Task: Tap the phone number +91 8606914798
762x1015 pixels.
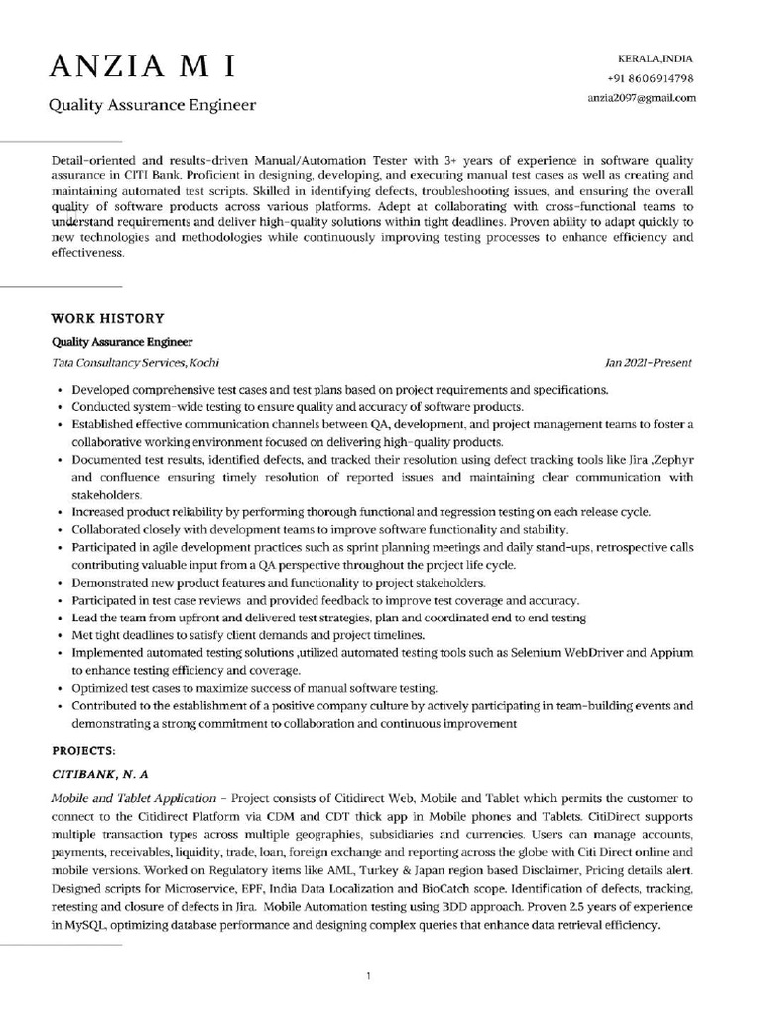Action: [x=650, y=78]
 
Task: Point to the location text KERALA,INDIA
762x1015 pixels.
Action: [x=656, y=59]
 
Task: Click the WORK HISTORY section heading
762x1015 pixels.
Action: [x=107, y=318]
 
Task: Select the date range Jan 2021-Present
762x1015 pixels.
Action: [x=648, y=363]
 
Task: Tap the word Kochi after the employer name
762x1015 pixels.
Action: [x=204, y=363]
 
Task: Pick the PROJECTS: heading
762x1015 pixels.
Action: [x=84, y=749]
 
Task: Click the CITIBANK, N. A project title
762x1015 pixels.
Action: [x=99, y=772]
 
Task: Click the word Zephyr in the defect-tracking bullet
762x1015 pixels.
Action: [x=670, y=460]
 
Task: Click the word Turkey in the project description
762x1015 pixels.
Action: [x=335, y=870]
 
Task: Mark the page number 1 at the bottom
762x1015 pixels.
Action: [x=369, y=976]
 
